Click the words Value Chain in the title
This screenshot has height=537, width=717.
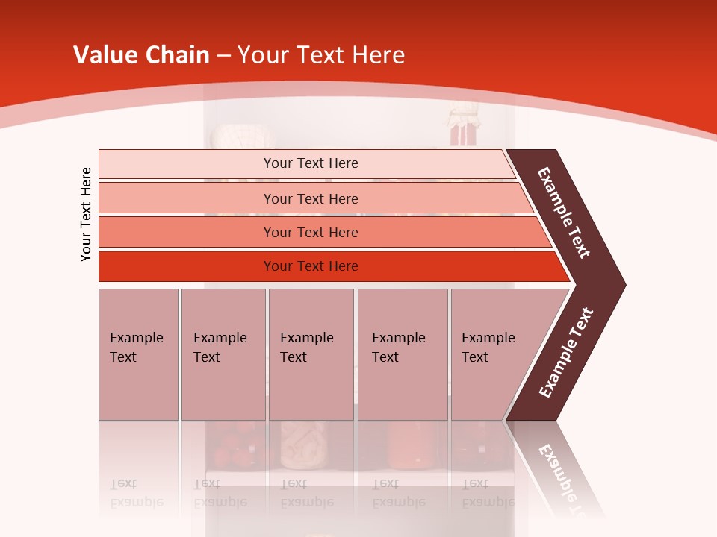[x=141, y=54]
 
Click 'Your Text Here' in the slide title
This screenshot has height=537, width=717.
[x=321, y=54]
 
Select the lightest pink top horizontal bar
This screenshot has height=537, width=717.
[x=187, y=163]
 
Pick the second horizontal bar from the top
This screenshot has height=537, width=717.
[x=187, y=198]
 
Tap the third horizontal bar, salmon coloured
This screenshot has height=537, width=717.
[x=187, y=232]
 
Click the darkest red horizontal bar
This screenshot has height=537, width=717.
[x=187, y=266]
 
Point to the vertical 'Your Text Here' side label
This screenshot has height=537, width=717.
[x=86, y=214]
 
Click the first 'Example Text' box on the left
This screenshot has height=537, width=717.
[x=138, y=354]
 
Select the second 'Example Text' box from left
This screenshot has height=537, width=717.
[x=223, y=354]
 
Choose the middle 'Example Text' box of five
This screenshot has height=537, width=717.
[x=311, y=354]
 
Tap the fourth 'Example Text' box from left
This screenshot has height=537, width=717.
[x=402, y=354]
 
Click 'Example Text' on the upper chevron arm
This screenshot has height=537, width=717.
[x=565, y=213]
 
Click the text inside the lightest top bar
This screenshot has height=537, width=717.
[x=311, y=163]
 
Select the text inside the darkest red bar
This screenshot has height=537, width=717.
[x=311, y=266]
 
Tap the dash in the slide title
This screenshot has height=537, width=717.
[x=223, y=55]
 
